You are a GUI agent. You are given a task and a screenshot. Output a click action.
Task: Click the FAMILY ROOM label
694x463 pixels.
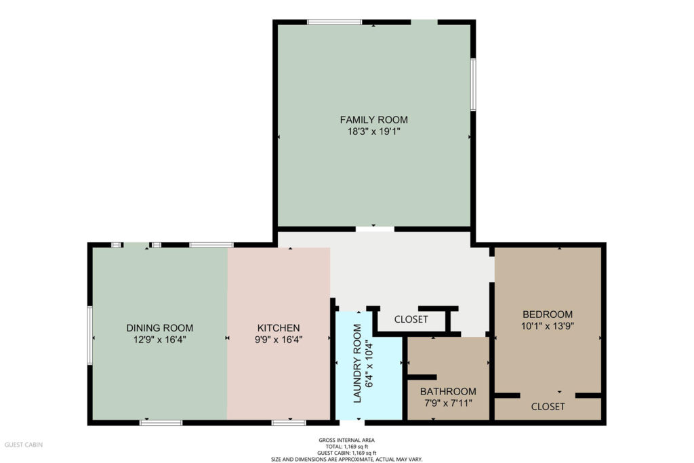(374, 119)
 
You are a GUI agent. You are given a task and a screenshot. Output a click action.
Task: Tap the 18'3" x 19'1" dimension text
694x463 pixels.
(374, 132)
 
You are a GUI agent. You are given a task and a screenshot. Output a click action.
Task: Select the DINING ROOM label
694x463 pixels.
(160, 328)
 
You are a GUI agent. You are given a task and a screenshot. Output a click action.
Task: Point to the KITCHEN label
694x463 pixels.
(279, 328)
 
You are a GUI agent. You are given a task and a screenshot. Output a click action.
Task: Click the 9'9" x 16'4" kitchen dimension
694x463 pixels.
(279, 340)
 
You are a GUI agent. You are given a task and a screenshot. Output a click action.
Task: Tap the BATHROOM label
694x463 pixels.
(449, 391)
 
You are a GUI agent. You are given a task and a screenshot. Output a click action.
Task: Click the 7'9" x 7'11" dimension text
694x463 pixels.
(449, 403)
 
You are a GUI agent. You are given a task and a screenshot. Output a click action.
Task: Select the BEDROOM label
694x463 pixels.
(548, 315)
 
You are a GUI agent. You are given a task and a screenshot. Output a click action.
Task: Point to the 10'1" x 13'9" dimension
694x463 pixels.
(548, 326)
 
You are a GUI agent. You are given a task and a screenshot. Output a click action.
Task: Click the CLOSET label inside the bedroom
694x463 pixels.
(548, 406)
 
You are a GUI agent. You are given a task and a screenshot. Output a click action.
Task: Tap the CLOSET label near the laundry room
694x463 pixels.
(411, 319)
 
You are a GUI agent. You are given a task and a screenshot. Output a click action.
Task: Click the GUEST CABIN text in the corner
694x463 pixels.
(24, 445)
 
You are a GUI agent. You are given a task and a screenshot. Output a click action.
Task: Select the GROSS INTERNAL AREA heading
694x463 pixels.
(346, 440)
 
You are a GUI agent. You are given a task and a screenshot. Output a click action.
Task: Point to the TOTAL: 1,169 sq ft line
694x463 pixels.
(346, 447)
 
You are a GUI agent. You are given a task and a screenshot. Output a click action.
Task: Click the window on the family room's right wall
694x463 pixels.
(473, 85)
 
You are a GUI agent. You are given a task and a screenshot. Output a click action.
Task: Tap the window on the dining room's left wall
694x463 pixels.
(90, 336)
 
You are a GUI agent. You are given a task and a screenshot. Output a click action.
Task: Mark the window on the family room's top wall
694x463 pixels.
(335, 22)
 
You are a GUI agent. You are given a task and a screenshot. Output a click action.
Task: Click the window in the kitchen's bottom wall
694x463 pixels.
(289, 423)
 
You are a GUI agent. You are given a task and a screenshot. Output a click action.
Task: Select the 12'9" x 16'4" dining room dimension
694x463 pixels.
(160, 340)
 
